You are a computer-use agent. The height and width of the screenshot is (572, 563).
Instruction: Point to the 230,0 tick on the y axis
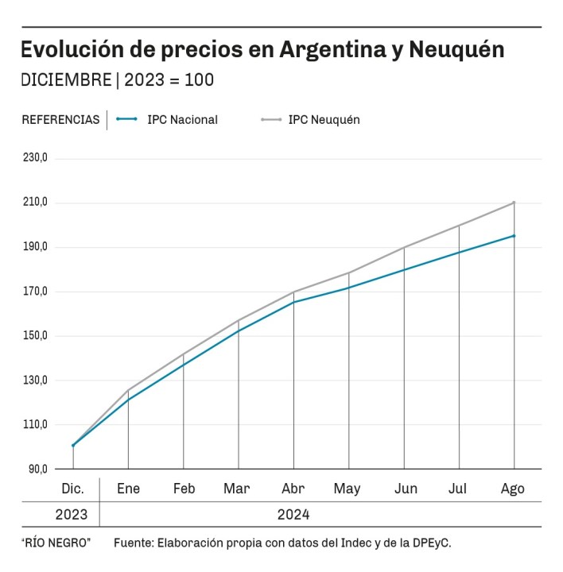coord(35,157)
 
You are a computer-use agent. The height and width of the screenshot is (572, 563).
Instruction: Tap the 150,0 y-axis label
coord(35,335)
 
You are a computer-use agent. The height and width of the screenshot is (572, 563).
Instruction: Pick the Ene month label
coord(128,489)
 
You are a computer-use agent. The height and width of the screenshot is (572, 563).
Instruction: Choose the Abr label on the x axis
coord(293,489)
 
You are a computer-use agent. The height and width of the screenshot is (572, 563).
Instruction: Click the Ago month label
coord(513,489)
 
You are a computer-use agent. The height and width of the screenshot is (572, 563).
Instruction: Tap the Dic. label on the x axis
coord(72,489)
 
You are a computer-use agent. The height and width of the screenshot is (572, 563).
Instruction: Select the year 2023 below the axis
coord(72,514)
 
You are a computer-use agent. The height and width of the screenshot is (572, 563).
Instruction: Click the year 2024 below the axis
coord(293,514)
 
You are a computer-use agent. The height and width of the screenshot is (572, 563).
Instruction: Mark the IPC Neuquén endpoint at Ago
coord(514,203)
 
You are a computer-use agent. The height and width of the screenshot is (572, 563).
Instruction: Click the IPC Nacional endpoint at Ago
coord(514,236)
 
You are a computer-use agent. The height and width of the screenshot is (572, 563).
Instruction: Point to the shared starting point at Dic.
coord(73,446)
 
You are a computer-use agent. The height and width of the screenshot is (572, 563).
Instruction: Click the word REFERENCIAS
coord(60,120)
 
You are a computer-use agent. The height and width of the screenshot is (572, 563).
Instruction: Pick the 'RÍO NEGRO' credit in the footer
coord(56,543)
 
